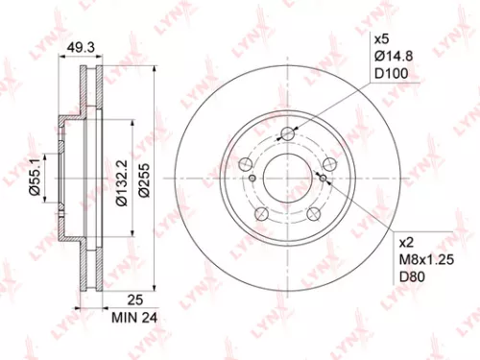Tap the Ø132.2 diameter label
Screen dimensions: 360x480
click(122, 179)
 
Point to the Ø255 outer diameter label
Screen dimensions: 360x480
click(146, 179)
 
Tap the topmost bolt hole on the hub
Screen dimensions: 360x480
click(286, 135)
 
